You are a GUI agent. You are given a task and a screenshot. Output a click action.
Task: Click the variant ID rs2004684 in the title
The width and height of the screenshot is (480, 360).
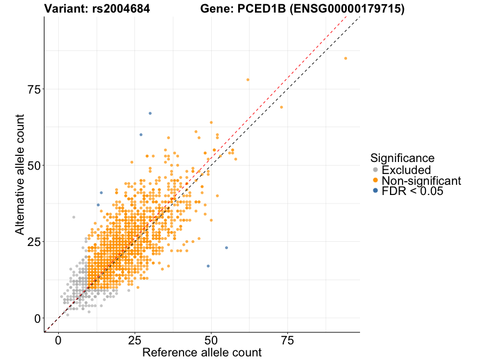tap(122, 9)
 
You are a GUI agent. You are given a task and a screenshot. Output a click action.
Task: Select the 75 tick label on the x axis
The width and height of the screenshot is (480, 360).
tap(288, 341)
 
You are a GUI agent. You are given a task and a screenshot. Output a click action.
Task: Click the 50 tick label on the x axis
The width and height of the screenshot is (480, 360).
tap(211, 341)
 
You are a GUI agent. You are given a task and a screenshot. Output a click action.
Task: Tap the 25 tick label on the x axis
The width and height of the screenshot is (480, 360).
tap(135, 341)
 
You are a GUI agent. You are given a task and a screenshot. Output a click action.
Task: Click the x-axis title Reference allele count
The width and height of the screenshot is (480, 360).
tap(202, 353)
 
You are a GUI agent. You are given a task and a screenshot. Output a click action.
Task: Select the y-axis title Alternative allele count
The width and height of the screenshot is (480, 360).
tap(20, 174)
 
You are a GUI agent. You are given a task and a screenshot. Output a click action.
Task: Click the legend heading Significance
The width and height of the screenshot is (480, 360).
tap(402, 158)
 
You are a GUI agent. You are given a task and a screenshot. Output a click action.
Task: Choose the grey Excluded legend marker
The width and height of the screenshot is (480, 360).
tap(376, 170)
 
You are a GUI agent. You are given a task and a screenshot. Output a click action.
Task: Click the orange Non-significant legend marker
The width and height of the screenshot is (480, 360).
tap(376, 181)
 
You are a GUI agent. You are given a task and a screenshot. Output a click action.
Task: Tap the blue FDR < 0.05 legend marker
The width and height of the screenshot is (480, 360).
tap(376, 191)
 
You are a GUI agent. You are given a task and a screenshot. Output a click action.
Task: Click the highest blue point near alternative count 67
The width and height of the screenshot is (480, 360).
tap(150, 113)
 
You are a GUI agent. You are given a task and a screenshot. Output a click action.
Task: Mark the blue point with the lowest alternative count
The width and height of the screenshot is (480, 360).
tap(208, 266)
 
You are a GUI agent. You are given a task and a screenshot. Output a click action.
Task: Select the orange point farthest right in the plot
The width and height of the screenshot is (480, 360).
tap(346, 58)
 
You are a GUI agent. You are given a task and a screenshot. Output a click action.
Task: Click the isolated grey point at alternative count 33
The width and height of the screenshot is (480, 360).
tap(74, 217)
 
